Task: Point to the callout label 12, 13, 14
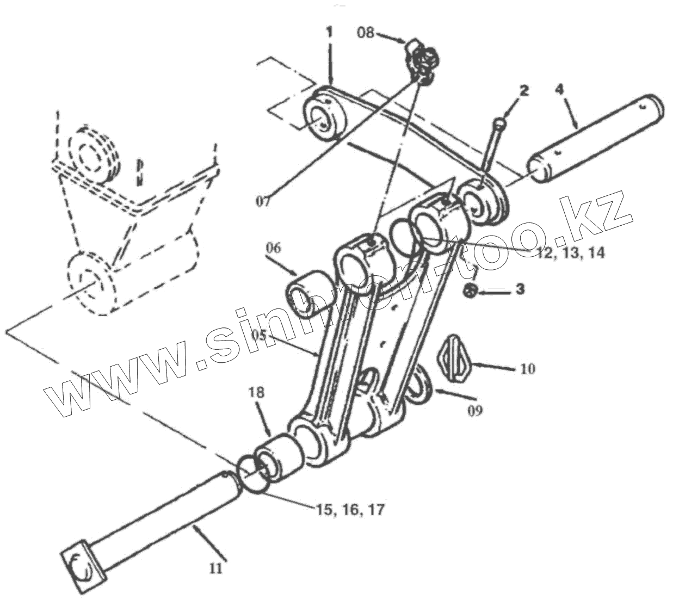point(569,252)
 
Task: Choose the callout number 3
point(520,289)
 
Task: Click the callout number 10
point(527,369)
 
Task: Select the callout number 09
point(474,410)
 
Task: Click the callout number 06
point(274,248)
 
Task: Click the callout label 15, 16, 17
point(350,510)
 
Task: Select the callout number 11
point(215,568)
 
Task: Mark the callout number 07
point(263,201)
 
